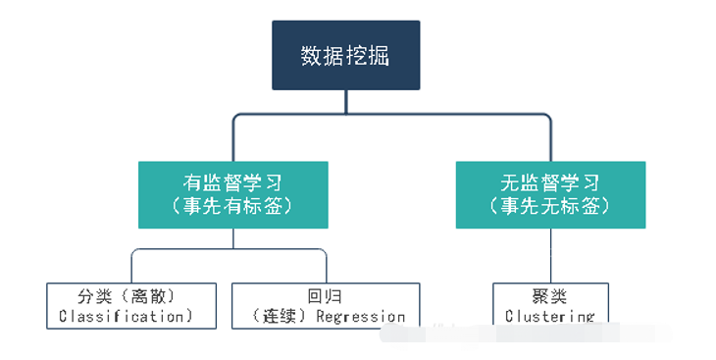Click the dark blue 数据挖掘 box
pos(345,56)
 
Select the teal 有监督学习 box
pos(232,194)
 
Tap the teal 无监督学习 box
pos(550,194)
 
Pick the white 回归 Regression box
pos(325,304)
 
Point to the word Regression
pos(360,317)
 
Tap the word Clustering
pos(549,317)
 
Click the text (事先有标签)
pos(232,207)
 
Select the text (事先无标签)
pos(550,207)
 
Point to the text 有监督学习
pos(232,181)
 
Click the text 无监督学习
pos(550,181)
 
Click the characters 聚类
pos(549,294)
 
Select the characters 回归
pos(325,294)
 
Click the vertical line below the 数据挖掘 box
pos(345,102)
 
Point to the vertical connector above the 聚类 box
pos(550,256)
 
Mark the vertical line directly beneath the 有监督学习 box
pos(232,238)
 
